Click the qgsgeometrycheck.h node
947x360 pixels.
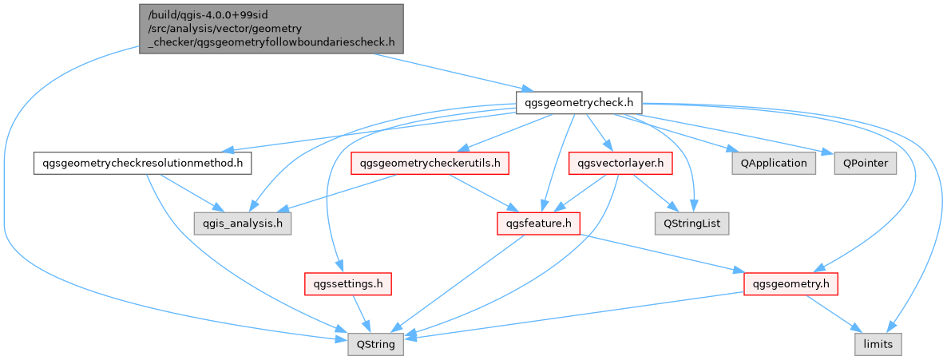point(579,103)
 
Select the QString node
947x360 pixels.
point(375,346)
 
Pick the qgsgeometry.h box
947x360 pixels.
point(790,283)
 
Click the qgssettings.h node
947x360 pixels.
point(347,283)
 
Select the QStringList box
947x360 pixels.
point(691,224)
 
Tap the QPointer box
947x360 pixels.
point(866,164)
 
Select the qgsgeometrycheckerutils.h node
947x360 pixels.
point(430,164)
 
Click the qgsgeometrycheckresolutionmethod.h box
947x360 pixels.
point(143,164)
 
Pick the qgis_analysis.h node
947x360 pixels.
point(241,224)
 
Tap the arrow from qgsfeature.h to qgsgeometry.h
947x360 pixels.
point(663,253)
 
